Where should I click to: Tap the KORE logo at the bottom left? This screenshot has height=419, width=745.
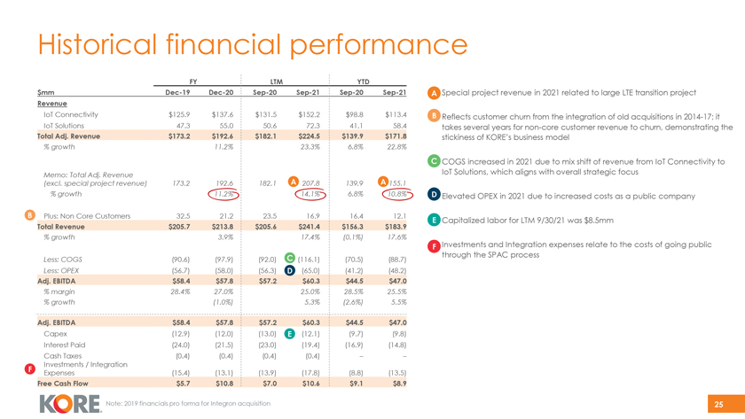coord(70,403)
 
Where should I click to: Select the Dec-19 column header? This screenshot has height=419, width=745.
coord(176,92)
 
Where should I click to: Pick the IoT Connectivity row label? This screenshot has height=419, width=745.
coord(70,114)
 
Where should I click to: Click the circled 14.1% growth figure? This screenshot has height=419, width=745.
coord(307,194)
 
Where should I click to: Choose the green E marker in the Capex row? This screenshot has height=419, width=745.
coord(290,333)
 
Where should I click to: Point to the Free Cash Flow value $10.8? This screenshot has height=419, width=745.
coord(221,384)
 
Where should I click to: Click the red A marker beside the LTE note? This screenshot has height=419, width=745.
coord(433,94)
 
